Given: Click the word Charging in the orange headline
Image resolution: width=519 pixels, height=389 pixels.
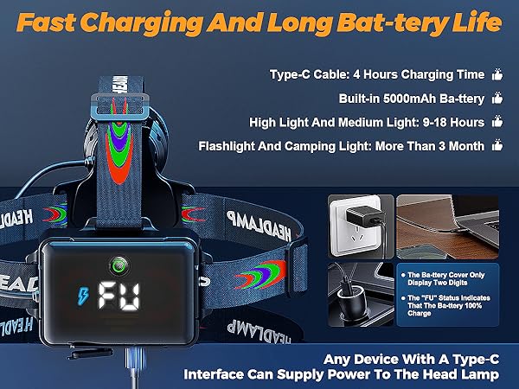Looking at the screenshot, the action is (x=141, y=23).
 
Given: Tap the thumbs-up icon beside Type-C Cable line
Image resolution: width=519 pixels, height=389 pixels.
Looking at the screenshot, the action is (x=497, y=74).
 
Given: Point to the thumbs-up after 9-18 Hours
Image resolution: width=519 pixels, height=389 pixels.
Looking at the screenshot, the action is (x=497, y=122).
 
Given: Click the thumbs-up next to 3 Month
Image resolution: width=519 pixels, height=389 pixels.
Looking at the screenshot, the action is (x=497, y=145).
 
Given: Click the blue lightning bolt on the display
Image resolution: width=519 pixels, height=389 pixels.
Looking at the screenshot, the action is (x=83, y=296).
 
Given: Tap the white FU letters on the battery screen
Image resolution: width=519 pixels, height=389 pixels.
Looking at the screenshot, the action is (x=119, y=296).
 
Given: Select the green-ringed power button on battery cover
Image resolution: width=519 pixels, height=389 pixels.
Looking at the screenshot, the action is (x=119, y=265).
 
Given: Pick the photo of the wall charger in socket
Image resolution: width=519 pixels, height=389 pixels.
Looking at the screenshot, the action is (x=361, y=226).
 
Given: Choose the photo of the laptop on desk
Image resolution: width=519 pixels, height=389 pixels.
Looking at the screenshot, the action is (x=447, y=226).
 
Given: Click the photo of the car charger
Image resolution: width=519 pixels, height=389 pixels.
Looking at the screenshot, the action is (x=361, y=295).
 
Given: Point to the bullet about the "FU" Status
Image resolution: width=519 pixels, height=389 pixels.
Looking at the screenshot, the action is (x=445, y=305).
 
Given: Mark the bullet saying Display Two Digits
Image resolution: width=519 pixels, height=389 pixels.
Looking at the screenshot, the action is (x=443, y=278).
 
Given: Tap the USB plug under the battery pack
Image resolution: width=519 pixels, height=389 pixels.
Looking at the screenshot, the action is (x=135, y=360).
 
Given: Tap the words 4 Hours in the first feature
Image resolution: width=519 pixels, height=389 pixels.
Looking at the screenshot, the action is (x=375, y=74).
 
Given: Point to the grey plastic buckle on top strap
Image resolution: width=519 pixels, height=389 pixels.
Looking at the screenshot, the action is (x=120, y=105).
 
